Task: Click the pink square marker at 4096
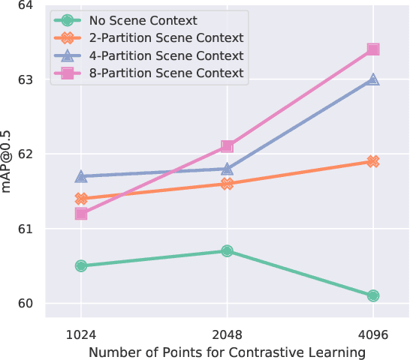point(372,49)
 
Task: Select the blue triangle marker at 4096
point(372,79)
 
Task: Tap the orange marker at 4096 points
point(372,161)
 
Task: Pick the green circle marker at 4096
point(372,295)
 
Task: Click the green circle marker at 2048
point(227,250)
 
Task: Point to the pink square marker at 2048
point(227,146)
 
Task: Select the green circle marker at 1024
point(81,265)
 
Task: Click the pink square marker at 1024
point(81,214)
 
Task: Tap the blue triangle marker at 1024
point(81,176)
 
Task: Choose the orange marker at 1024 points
point(81,199)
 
